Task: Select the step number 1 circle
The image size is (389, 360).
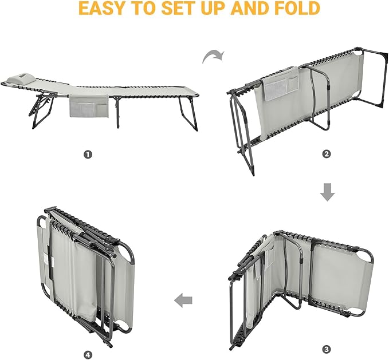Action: (88, 155)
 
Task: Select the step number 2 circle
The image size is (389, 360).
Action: (327, 154)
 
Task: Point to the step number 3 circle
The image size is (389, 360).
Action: (327, 350)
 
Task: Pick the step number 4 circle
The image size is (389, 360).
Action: (88, 355)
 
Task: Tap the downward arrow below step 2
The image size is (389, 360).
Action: (327, 192)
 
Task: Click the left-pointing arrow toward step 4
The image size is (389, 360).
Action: (183, 300)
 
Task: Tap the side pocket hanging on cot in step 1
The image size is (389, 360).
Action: (89, 105)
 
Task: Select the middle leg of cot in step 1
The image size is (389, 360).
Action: (117, 112)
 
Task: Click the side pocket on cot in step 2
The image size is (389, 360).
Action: (281, 84)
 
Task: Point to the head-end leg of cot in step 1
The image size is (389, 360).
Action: (43, 110)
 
